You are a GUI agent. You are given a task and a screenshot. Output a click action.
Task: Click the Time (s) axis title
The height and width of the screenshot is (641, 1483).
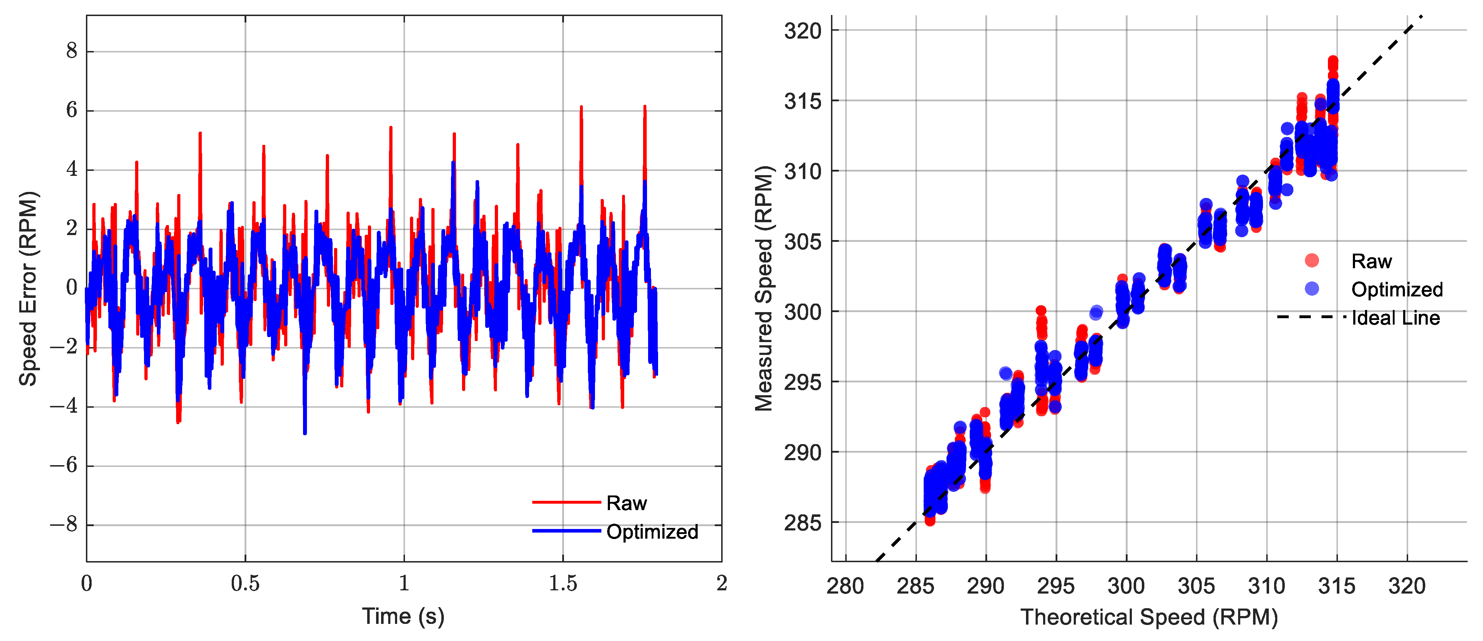(403, 616)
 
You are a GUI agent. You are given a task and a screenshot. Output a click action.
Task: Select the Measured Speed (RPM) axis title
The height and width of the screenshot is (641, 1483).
(764, 288)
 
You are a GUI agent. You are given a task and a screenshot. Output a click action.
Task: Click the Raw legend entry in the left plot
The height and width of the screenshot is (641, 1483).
(626, 503)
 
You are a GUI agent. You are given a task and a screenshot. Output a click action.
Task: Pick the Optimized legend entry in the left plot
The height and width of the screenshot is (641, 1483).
(652, 531)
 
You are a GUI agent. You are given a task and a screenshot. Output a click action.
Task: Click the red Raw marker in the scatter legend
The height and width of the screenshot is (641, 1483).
(1312, 261)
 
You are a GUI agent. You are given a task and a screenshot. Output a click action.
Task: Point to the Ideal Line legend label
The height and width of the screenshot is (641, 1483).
(1396, 318)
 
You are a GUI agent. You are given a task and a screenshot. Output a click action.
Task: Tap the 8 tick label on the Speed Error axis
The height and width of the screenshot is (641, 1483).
(71, 51)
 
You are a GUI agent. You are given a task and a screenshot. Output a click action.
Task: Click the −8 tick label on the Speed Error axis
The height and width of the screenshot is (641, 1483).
(63, 525)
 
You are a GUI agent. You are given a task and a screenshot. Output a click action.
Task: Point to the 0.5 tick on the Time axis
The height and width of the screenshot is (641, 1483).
(245, 584)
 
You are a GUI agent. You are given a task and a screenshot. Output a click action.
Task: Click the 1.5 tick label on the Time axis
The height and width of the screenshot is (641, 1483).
(563, 584)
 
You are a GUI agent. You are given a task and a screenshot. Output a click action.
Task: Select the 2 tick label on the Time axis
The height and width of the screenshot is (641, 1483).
(721, 584)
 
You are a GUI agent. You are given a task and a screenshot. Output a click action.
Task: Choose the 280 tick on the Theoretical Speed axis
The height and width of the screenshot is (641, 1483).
(845, 586)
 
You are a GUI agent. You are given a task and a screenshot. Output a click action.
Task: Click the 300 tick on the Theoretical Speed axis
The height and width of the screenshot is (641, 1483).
(1126, 586)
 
